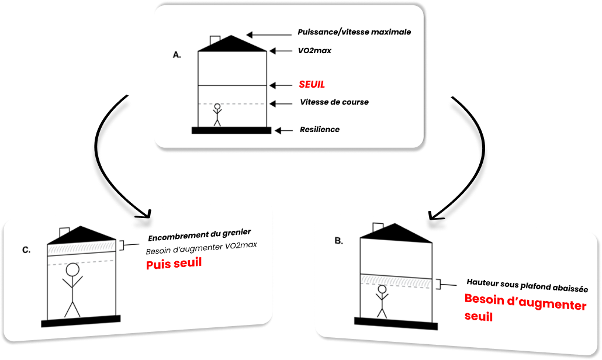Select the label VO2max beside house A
pyautogui.click(x=314, y=51)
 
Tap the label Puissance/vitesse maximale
pyautogui.click(x=354, y=32)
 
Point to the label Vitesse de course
pyautogui.click(x=334, y=102)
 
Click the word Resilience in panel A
pyautogui.click(x=320, y=129)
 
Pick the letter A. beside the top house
pyautogui.click(x=177, y=55)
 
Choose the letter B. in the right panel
pyautogui.click(x=339, y=240)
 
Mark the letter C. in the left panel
pyautogui.click(x=26, y=250)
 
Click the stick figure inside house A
pyautogui.click(x=217, y=115)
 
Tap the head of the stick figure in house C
pyautogui.click(x=72, y=270)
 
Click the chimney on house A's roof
pyautogui.click(x=214, y=40)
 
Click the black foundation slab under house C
pyautogui.click(x=81, y=320)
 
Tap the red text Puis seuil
pyautogui.click(x=174, y=264)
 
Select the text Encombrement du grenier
pyautogui.click(x=199, y=235)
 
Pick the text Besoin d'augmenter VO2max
pyautogui.click(x=202, y=248)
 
